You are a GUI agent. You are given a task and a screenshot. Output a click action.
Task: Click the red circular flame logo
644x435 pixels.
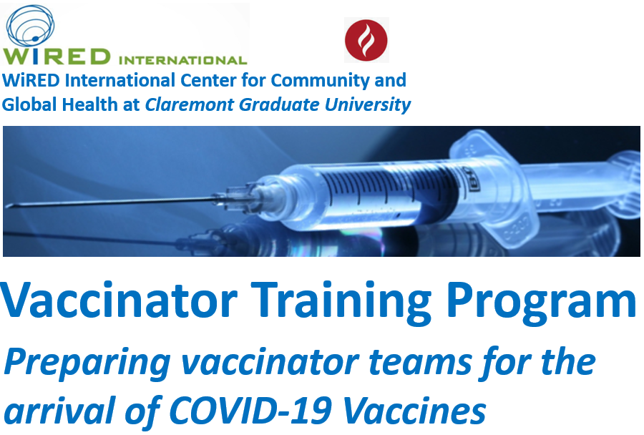[366, 40]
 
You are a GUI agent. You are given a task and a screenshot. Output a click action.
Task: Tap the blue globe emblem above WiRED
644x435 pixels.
[30, 26]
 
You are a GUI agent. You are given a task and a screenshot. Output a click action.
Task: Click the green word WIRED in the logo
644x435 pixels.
[57, 57]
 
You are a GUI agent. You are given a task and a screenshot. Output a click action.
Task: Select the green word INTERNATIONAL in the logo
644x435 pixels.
[182, 60]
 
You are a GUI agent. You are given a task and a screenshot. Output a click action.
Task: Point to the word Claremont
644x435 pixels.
[190, 104]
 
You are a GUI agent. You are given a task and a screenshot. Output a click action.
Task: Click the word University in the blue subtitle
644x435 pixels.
[368, 105]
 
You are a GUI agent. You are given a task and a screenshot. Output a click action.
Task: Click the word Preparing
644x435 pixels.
[87, 363]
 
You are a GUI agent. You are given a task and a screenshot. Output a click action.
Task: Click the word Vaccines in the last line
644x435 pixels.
[414, 410]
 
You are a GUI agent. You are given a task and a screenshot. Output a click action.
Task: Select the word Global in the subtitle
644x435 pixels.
[29, 104]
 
